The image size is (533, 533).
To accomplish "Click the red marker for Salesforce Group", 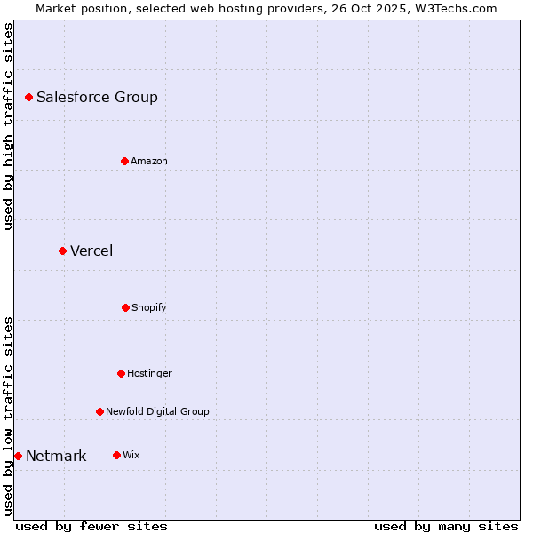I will tap(28, 97).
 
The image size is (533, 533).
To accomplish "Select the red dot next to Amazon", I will tap(124, 161).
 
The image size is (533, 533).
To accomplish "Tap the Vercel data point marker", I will tap(62, 251).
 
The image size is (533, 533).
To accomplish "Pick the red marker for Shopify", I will tap(125, 307).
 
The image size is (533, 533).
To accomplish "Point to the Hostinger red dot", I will tap(121, 373).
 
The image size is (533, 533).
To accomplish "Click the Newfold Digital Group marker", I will tap(99, 411).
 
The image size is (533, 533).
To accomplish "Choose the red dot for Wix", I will tap(116, 455).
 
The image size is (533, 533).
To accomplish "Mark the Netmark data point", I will tap(18, 456).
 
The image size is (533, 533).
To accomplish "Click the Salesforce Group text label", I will tap(97, 97).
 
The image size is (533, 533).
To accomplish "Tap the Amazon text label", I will tap(148, 161).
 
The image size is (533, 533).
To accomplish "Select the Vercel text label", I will tap(91, 251).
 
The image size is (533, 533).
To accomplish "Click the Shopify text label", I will tap(148, 307).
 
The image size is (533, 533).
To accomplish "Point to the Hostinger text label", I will tap(149, 373).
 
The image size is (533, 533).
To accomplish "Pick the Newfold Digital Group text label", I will tap(157, 411).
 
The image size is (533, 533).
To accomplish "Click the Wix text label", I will tap(131, 455).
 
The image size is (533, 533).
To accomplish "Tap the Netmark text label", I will tap(56, 456).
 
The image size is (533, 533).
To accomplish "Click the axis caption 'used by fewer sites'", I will tap(91, 526).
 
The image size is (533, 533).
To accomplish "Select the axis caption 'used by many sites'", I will tap(446, 526).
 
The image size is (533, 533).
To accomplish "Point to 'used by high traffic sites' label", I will tap(8, 126).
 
